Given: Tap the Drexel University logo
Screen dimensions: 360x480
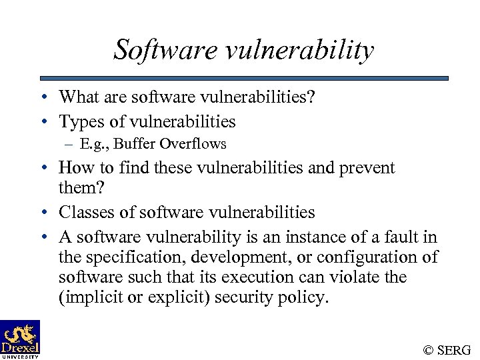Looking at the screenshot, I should pyautogui.click(x=20, y=339).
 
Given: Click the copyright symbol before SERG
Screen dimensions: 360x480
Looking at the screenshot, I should pyautogui.click(x=427, y=349).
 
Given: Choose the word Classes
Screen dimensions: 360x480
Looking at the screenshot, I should pyautogui.click(x=85, y=212).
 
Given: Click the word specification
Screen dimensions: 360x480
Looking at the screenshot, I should pyautogui.click(x=130, y=257).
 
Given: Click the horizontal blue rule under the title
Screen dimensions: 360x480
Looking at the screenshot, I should pyautogui.click(x=244, y=78).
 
